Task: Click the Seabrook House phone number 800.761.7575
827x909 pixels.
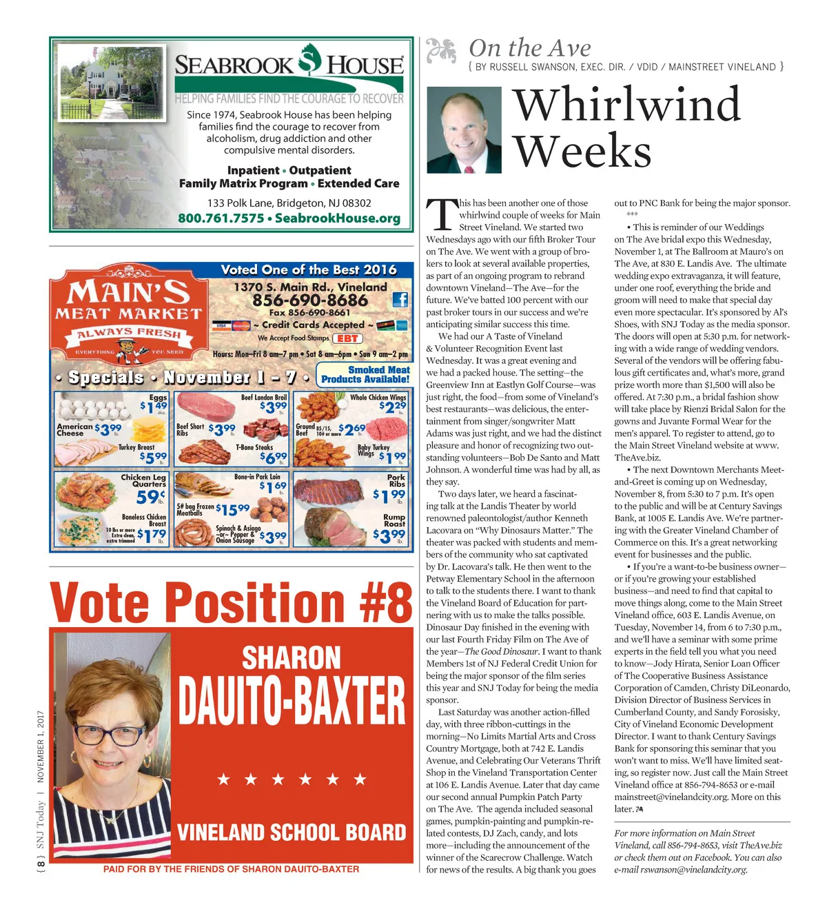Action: (x=221, y=218)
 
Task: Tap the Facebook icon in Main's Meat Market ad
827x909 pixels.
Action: (x=400, y=299)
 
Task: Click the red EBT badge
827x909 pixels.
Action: (x=347, y=338)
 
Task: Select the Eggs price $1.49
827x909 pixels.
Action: (x=154, y=406)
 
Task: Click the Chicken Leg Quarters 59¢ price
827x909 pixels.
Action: (x=150, y=496)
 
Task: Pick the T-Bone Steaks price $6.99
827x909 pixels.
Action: (x=272, y=457)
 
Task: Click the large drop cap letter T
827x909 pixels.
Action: (x=441, y=216)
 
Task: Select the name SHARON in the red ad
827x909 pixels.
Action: (x=291, y=658)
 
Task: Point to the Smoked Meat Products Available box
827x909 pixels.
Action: (x=365, y=374)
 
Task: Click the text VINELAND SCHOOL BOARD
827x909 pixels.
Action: (x=291, y=832)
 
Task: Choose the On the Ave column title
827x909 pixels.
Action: (x=529, y=48)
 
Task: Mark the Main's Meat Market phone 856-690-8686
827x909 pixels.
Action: (x=310, y=300)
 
